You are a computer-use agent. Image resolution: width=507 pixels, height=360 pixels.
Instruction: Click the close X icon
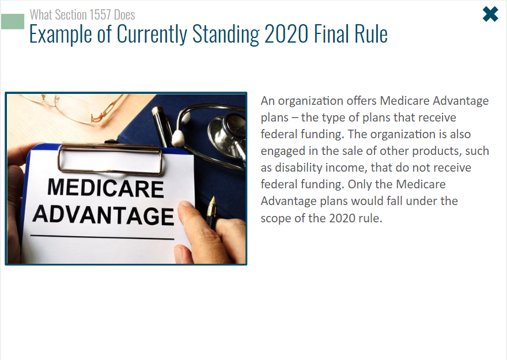click(x=490, y=14)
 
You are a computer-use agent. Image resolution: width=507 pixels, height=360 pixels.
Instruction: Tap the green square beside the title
click(x=13, y=22)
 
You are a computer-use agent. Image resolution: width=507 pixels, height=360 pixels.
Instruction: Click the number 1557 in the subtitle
click(x=100, y=15)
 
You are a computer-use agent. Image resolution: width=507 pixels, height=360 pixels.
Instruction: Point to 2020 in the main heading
click(x=286, y=33)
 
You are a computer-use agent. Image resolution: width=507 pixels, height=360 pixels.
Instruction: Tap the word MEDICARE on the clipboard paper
click(x=105, y=188)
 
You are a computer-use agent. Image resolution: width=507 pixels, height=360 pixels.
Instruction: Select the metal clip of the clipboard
click(x=110, y=158)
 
